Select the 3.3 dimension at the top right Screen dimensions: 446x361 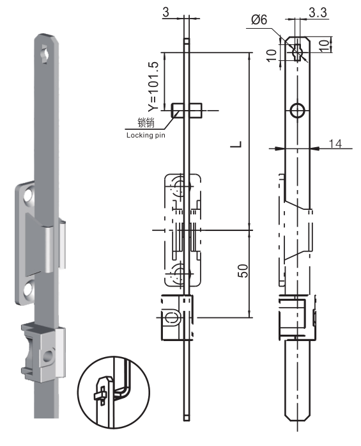(316, 12)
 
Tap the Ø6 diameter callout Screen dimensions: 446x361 (257, 20)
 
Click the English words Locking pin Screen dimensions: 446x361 (145, 135)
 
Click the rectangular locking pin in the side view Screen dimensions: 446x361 (187, 110)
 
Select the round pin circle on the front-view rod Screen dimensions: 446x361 (297, 111)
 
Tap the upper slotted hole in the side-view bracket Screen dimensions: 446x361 (180, 188)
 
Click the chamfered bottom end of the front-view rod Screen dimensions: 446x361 (297, 416)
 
